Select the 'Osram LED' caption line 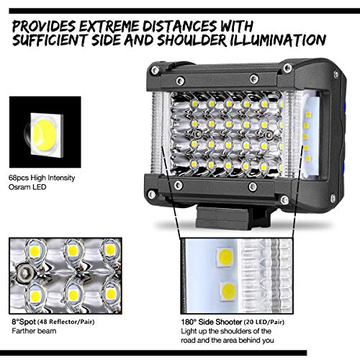28,187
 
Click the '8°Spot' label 22,315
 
